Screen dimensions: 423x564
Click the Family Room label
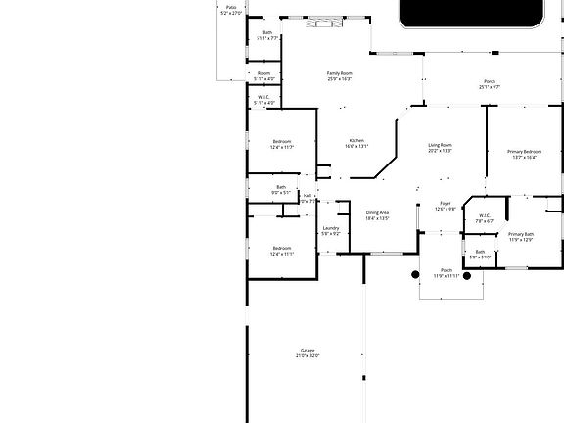point(339,73)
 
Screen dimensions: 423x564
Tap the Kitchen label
point(356,141)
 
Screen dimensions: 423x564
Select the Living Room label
point(440,145)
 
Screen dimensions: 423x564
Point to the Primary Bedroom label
point(524,152)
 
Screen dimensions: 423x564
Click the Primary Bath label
point(520,234)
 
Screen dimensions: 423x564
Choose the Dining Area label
point(377,212)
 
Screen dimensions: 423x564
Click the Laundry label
point(331,228)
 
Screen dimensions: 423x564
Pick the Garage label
point(307,351)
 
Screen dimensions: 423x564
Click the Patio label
point(231,7)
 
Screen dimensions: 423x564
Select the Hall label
point(307,196)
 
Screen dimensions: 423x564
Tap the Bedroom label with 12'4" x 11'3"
point(282,142)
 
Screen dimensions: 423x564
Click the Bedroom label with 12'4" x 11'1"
point(282,248)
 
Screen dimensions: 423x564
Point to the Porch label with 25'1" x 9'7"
point(490,81)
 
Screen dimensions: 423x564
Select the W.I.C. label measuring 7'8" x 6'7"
point(484,215)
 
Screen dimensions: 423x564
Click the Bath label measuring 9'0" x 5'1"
point(281,187)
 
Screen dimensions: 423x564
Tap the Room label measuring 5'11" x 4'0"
point(264,73)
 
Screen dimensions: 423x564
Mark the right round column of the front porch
point(468,276)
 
